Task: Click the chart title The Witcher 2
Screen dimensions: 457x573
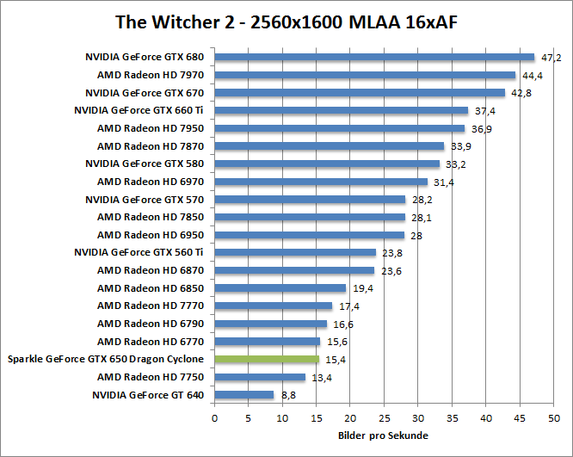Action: click(286, 22)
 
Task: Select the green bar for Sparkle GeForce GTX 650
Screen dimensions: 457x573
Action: click(267, 359)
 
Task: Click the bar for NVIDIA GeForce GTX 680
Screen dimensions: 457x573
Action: click(374, 58)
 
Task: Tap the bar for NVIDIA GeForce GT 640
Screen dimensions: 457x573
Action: click(243, 395)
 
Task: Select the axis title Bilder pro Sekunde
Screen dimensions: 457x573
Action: click(384, 435)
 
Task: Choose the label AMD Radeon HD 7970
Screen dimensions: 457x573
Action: click(151, 76)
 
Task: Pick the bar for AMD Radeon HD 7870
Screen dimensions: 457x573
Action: click(329, 146)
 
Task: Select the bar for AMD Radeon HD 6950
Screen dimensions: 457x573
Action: click(309, 235)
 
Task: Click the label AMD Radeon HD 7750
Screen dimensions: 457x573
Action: click(151, 377)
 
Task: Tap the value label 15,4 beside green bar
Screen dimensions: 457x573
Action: click(333, 360)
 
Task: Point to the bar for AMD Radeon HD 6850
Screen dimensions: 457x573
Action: click(280, 288)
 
